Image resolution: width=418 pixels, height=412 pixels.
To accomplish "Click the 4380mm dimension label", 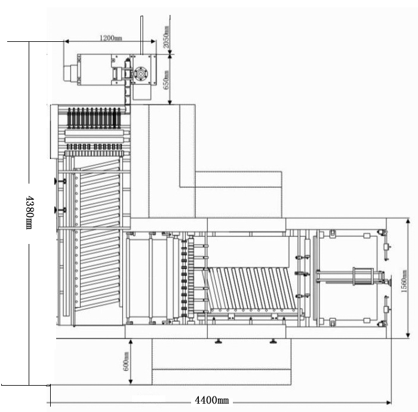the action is coord(29,213).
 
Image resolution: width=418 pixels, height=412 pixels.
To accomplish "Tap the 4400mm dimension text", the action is coord(211,400).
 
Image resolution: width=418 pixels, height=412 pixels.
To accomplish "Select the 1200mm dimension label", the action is coord(111,38).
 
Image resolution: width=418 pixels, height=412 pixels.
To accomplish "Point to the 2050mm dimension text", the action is coord(166,37).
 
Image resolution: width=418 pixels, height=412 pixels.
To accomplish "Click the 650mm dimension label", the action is coord(166,80).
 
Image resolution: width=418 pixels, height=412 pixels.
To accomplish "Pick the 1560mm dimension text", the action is coord(404,281).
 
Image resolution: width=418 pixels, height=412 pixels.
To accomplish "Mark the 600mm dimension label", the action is coord(126,362).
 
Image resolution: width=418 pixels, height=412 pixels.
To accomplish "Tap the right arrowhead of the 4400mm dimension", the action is coord(389,402).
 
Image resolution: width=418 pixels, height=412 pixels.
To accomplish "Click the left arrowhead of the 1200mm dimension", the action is coord(67,41).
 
